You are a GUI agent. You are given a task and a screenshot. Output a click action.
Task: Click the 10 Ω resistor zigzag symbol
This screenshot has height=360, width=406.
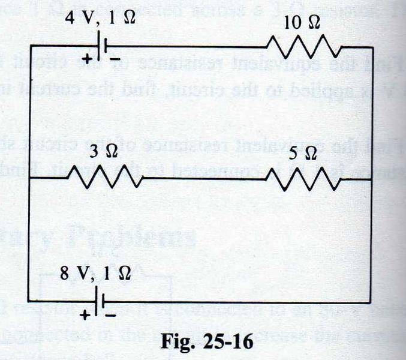pyautogui.click(x=304, y=46)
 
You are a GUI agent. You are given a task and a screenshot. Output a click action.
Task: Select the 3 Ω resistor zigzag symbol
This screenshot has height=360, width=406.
pyautogui.click(x=104, y=178)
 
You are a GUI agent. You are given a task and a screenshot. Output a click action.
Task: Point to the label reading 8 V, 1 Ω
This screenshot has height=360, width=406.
pyautogui.click(x=95, y=274)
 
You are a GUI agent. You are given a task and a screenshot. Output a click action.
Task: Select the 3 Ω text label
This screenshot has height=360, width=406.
pyautogui.click(x=104, y=153)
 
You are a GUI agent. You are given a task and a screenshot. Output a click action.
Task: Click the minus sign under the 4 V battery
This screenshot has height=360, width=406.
pyautogui.click(x=113, y=59)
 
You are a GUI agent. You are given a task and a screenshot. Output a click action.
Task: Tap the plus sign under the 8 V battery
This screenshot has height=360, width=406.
pyautogui.click(x=85, y=314)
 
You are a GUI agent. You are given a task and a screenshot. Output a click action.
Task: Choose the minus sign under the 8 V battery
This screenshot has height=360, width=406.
pyautogui.click(x=112, y=314)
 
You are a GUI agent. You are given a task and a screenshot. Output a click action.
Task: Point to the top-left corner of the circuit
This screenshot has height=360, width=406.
pyautogui.click(x=29, y=45)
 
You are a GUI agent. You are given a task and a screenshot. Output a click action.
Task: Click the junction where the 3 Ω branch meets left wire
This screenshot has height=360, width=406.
pyautogui.click(x=29, y=178)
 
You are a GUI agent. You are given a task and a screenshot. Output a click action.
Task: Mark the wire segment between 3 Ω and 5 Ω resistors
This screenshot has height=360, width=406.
pyautogui.click(x=204, y=178)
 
